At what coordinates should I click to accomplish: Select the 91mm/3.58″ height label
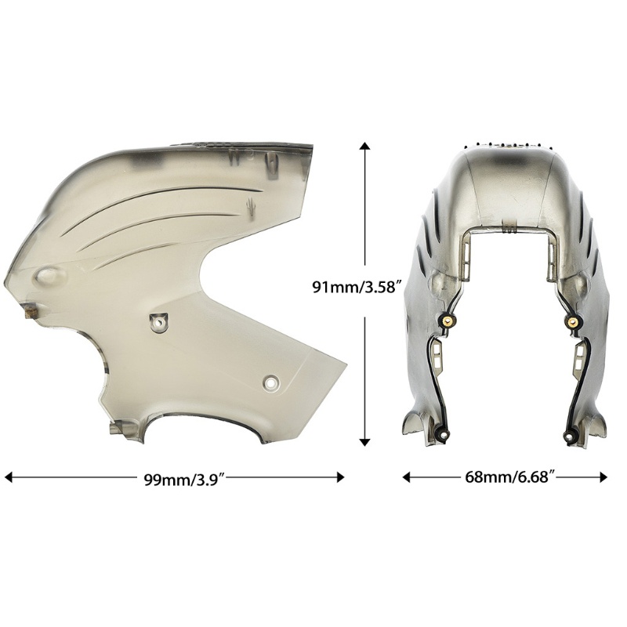357,287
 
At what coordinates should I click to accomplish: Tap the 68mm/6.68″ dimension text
510,477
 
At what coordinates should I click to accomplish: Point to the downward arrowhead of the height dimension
364,441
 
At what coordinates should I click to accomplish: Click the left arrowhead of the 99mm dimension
9,477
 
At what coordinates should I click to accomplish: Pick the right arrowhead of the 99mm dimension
340,477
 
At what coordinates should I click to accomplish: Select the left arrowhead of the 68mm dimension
407,477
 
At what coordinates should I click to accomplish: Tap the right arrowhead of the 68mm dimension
603,477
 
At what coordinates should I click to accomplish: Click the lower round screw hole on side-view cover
272,383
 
